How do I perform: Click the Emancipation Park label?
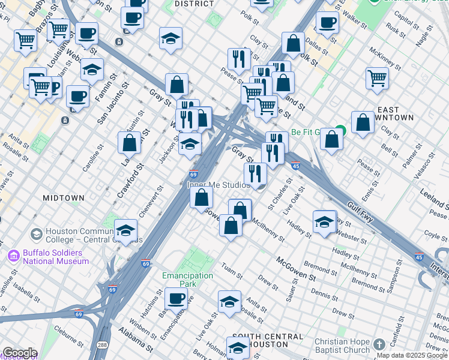188,280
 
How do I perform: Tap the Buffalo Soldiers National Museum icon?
14,256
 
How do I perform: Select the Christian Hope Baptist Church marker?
379,344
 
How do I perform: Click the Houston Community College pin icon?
36,233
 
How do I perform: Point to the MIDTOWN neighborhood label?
64,197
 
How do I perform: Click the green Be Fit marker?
340,131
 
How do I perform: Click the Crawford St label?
131,181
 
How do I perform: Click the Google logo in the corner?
20,353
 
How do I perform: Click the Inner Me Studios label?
217,185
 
